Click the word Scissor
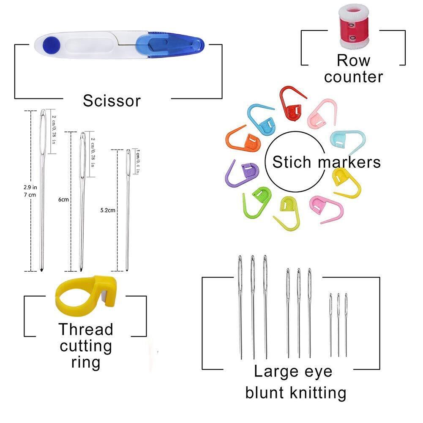click(112, 101)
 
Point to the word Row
click(353, 60)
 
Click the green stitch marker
click(258, 198)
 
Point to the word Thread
click(86, 329)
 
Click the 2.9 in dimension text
click(31, 186)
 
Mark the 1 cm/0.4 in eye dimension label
click(137, 161)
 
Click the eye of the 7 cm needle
click(43, 124)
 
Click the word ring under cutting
click(86, 362)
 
